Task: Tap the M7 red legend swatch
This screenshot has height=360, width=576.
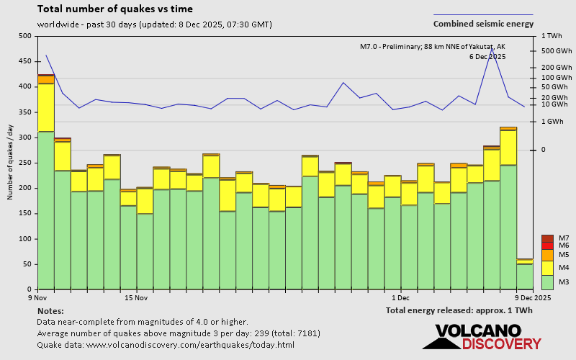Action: point(547,238)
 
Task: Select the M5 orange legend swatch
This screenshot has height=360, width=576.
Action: point(547,255)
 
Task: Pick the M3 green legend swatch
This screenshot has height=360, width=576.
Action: point(547,282)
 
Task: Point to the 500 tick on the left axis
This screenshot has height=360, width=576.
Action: point(25,36)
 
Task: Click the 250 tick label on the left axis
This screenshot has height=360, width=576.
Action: point(25,163)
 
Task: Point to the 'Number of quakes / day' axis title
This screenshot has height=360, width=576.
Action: point(11,163)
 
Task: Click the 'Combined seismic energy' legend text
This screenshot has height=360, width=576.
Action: point(483,24)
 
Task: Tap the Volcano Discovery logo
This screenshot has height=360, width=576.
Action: point(482,338)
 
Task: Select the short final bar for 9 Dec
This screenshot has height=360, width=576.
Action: point(525,274)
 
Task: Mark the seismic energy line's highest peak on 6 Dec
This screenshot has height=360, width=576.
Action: point(492,49)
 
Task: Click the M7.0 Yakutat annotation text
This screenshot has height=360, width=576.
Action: point(432,47)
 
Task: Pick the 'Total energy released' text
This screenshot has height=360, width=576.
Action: point(459,310)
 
